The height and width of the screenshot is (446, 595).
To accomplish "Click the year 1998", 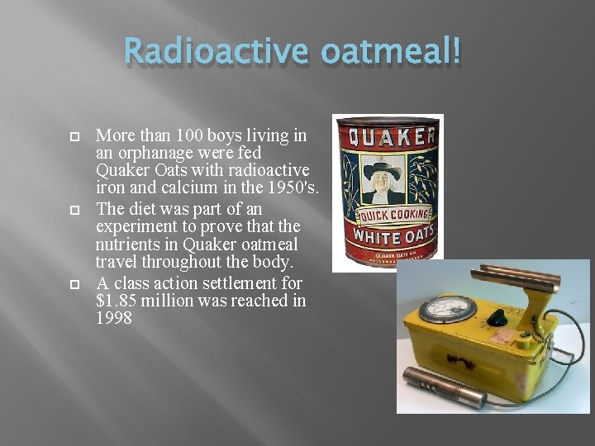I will click(114, 319).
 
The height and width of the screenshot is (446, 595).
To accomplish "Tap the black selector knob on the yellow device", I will click(497, 317).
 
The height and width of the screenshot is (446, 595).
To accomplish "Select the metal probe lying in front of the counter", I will click(444, 387).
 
